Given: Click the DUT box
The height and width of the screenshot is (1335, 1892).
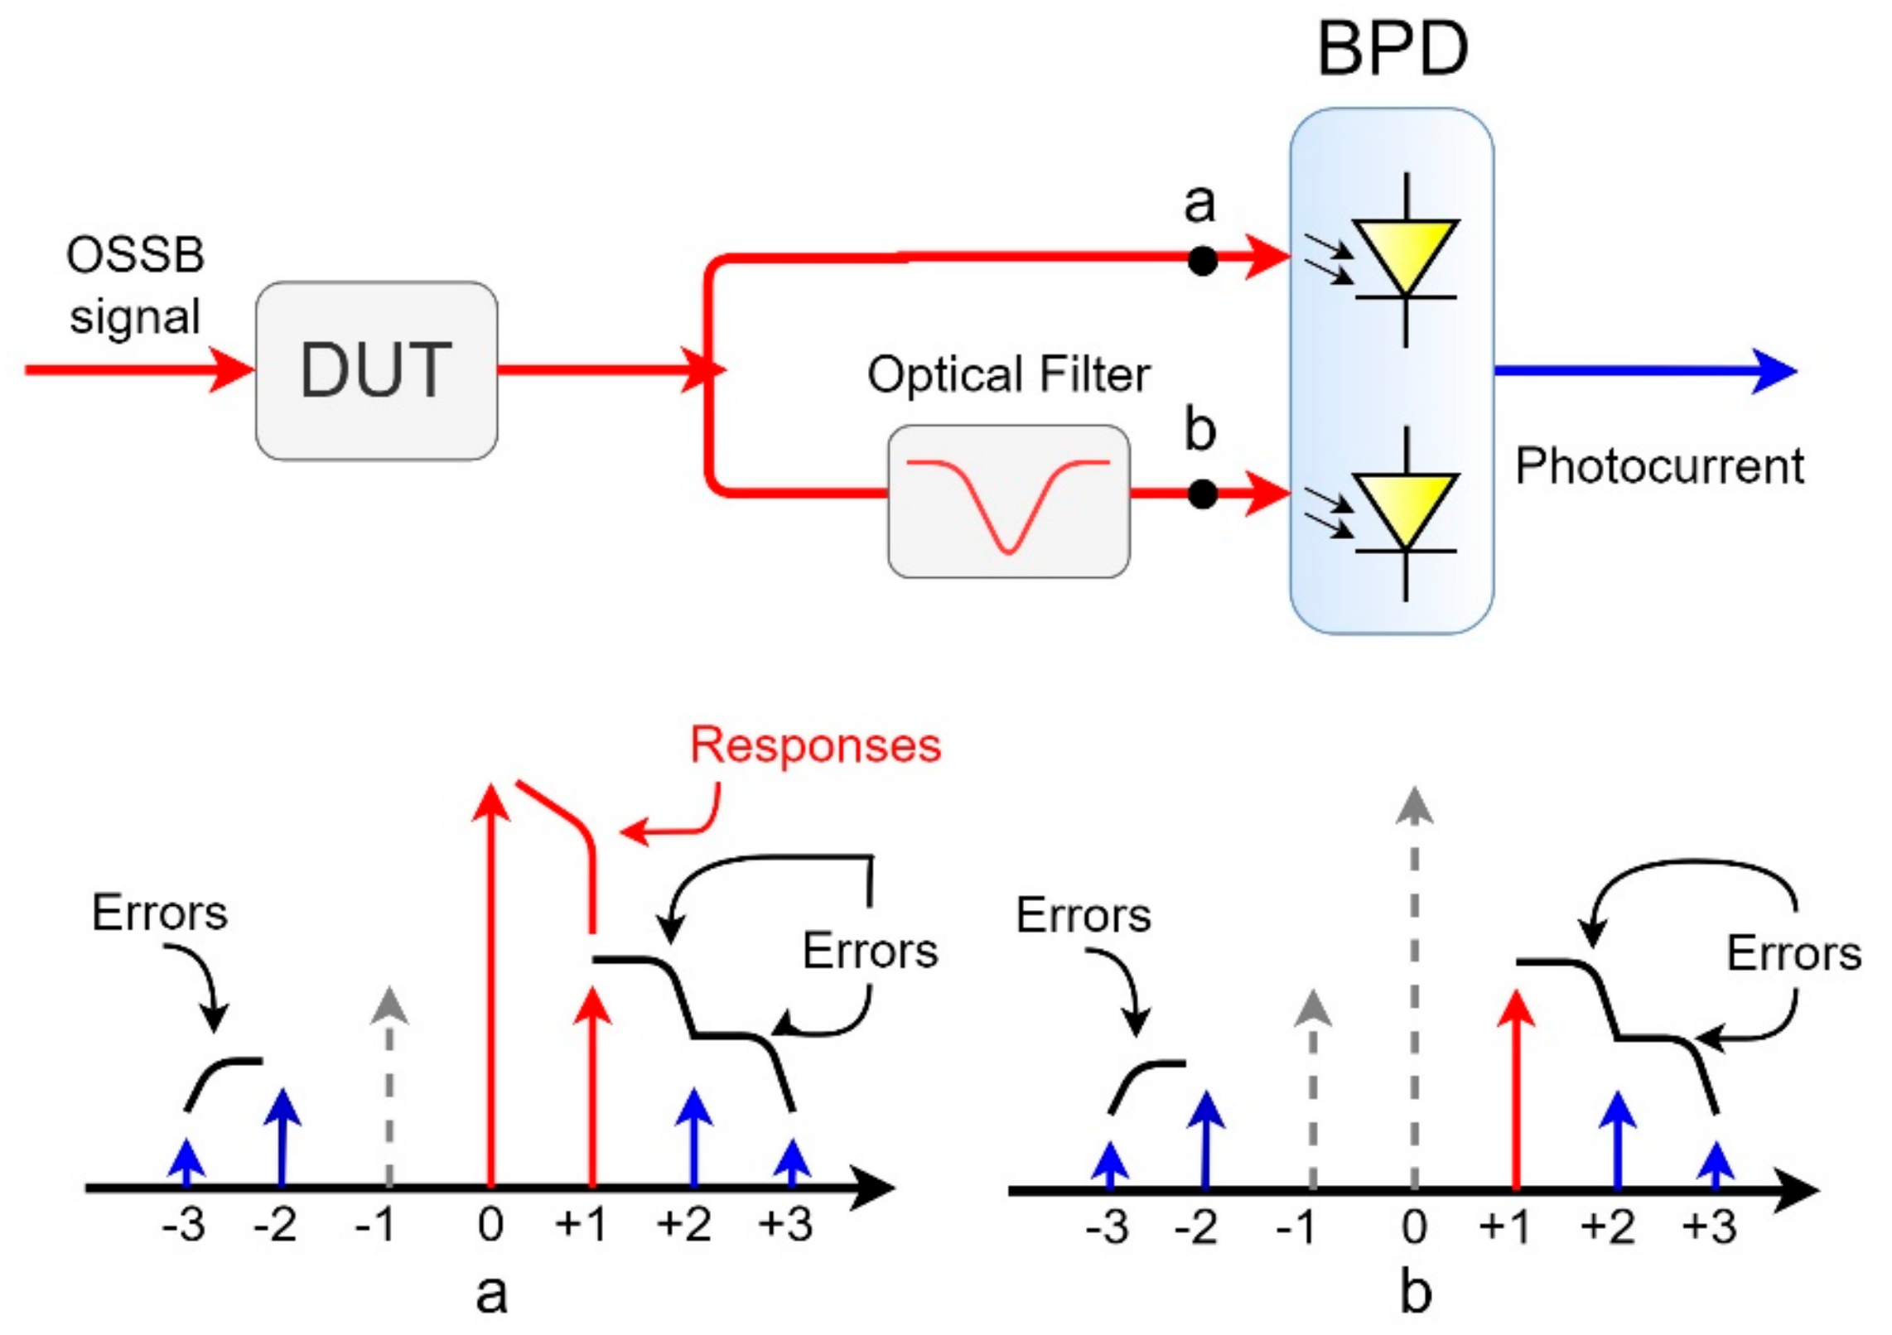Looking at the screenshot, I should point(376,370).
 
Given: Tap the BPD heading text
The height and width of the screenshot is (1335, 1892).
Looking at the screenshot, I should point(1392,50).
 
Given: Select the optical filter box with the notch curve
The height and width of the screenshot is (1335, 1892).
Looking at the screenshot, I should point(1008,502).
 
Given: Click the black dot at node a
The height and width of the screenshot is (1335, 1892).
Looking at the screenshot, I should point(1202,261).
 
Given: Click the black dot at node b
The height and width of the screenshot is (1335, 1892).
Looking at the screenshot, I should point(1202,494).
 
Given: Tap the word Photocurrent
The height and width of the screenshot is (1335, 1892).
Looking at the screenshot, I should point(1659,466).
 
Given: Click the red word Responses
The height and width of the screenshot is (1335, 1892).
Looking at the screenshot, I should point(816,745).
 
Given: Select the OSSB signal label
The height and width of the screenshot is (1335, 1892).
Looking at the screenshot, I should point(135,286).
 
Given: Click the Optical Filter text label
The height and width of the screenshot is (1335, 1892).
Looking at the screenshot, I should point(1008,374).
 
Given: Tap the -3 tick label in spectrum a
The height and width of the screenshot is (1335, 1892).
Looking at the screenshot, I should point(184,1225).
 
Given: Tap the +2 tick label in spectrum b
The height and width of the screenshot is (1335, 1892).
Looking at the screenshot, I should point(1607,1227).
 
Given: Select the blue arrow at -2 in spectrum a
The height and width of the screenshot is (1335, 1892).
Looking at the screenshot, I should point(282,1139).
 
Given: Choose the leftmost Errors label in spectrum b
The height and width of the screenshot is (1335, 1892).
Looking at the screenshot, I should point(1083,915).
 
